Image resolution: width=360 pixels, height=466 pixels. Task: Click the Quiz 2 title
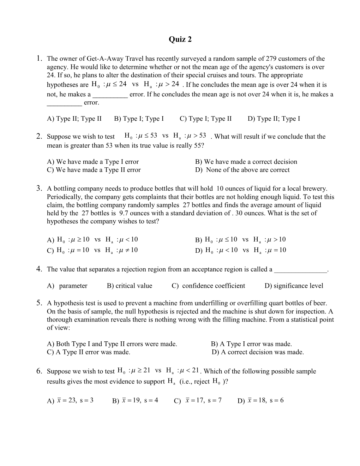click(x=180, y=39)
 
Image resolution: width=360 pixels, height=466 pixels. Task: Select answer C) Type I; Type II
click(x=205, y=119)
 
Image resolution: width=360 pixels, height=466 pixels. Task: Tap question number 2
click(x=39, y=136)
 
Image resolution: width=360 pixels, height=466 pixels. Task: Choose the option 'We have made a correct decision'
click(x=246, y=162)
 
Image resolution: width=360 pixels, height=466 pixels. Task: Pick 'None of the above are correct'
click(x=242, y=170)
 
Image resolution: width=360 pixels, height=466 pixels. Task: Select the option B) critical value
click(x=129, y=286)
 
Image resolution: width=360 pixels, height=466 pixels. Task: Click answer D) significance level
click(x=294, y=286)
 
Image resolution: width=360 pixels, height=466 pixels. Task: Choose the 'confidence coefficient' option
click(x=208, y=286)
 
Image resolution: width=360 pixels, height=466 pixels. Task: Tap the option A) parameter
click(x=67, y=286)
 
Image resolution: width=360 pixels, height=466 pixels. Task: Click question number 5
click(x=39, y=303)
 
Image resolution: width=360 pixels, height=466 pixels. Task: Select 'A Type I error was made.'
click(x=251, y=344)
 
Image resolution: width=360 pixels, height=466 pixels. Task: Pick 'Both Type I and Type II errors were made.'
click(x=112, y=344)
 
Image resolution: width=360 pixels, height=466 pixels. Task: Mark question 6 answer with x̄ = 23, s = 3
click(x=70, y=400)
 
